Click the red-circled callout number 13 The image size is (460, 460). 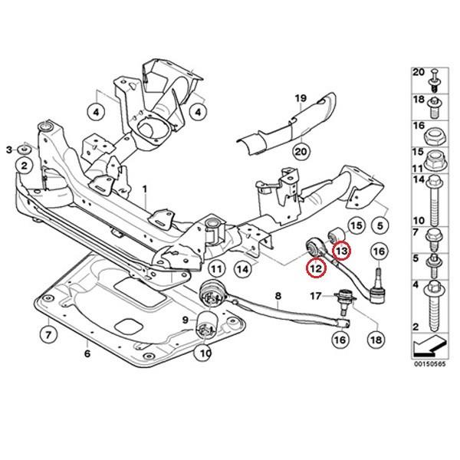[x=341, y=249]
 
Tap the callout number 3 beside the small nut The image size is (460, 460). [x=9, y=147]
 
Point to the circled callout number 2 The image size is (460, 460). [x=25, y=165]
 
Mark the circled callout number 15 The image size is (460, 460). [x=355, y=225]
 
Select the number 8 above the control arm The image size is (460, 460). [x=278, y=295]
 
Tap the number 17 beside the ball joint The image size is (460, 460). [x=317, y=295]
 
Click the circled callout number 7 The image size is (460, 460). [x=47, y=334]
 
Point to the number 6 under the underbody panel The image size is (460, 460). [x=87, y=353]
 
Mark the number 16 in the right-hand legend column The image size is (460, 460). [x=418, y=125]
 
